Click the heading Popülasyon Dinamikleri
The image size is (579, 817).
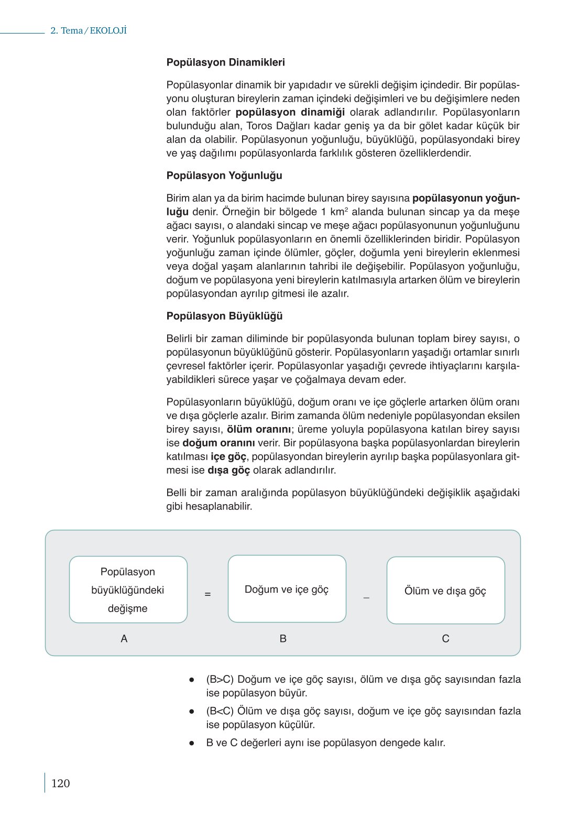point(225,62)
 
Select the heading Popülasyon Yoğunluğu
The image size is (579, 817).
point(224,176)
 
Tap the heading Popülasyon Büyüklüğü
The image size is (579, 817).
point(224,316)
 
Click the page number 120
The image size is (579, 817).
point(60,783)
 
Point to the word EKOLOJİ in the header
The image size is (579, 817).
point(108,30)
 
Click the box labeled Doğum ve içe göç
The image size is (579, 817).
point(287,590)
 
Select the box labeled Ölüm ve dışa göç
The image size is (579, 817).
point(445,591)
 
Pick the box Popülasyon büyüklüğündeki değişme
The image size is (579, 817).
point(128,590)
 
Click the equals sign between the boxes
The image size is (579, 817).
point(207,594)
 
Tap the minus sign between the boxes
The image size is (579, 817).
point(366,597)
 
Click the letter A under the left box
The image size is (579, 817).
point(124,638)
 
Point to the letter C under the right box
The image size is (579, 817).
point(445,638)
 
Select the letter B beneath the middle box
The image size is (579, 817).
point(283,638)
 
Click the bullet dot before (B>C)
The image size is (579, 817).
point(192,680)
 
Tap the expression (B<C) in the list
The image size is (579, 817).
point(220,711)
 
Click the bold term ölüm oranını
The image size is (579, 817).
point(258,429)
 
